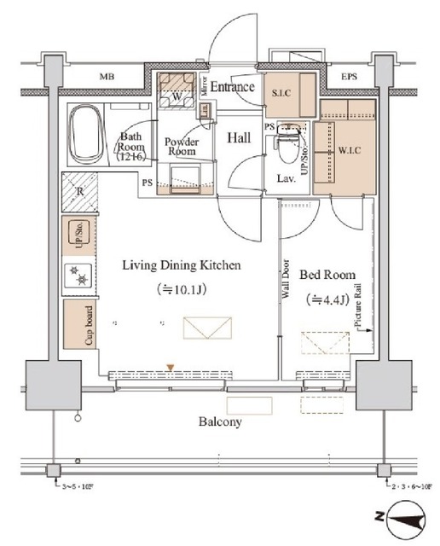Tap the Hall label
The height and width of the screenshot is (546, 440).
(x=238, y=136)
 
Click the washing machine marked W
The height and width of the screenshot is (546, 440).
(x=177, y=96)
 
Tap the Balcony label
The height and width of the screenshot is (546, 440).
(x=221, y=421)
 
